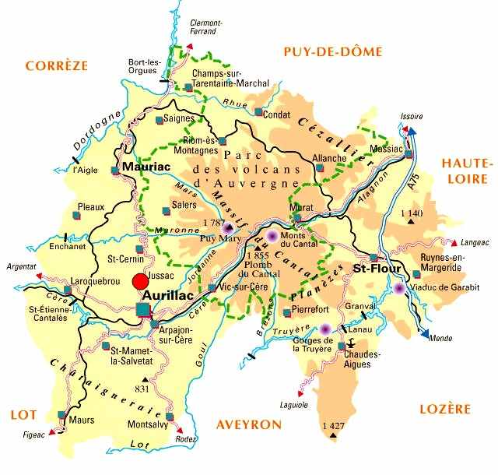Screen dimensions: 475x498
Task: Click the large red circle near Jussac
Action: pos(140,282)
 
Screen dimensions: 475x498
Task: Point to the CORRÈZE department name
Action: pos(57,66)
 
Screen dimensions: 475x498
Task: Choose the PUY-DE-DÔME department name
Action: pos(332,52)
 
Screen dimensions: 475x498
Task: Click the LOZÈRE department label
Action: pos(446,410)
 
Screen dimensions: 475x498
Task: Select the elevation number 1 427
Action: pos(332,425)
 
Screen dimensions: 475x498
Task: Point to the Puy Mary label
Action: pos(218,239)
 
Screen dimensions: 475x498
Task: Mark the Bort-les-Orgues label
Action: pos(144,66)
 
